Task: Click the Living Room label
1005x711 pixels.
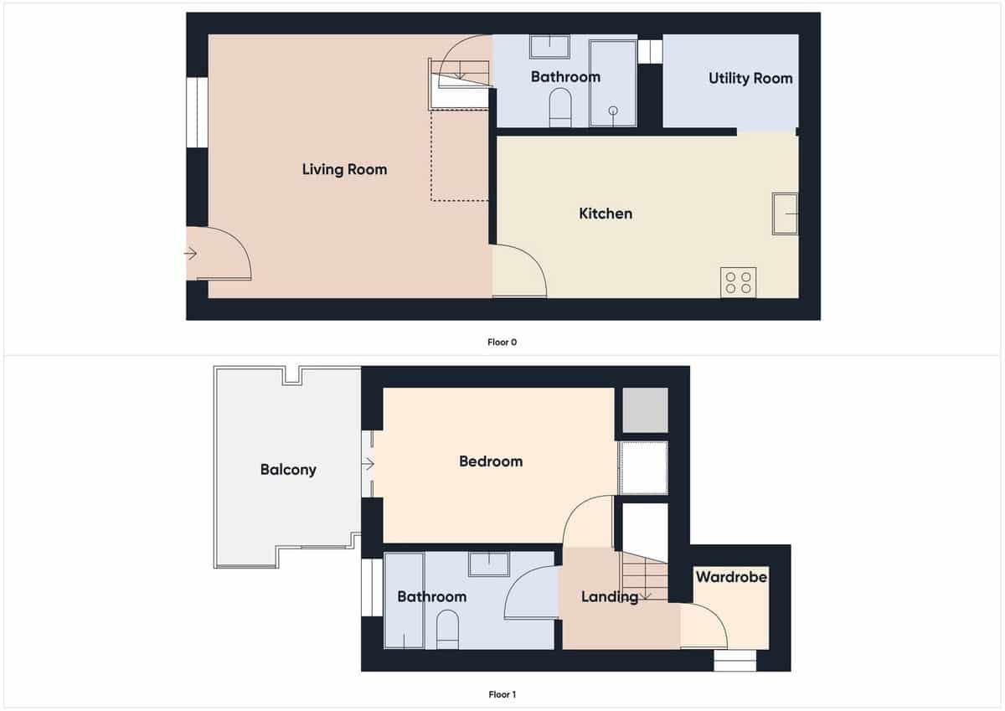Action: [x=344, y=169]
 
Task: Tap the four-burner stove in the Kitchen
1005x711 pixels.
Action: [x=738, y=281]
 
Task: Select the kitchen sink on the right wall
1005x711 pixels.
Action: [x=785, y=214]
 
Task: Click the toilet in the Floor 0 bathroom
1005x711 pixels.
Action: [x=559, y=109]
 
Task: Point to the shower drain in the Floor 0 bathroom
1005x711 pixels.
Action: [x=613, y=111]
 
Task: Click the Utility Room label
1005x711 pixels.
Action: [x=750, y=78]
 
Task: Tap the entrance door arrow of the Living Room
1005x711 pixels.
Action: [x=191, y=253]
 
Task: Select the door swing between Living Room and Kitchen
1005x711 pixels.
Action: [x=521, y=270]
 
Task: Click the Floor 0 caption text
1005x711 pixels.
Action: [x=502, y=342]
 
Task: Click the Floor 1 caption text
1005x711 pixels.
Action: [x=502, y=694]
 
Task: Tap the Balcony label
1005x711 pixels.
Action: [x=288, y=469]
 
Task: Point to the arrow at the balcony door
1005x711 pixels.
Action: [x=368, y=464]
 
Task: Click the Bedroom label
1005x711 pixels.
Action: [x=491, y=461]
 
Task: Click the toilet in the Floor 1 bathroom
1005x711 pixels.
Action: [x=447, y=629]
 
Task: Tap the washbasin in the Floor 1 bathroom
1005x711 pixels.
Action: [x=489, y=564]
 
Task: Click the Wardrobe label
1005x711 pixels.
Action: [x=731, y=577]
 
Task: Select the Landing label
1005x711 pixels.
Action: [x=610, y=596]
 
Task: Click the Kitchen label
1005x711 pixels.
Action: [x=606, y=214]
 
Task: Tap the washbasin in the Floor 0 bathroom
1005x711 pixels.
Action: [x=549, y=46]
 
